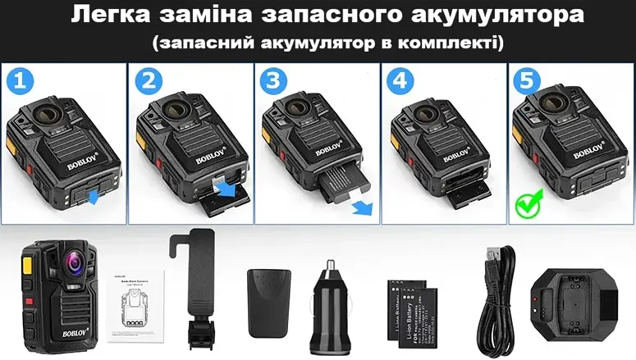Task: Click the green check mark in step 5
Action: pos(527,201)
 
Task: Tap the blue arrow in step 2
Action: pos(224,190)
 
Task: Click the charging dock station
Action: pos(578,301)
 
